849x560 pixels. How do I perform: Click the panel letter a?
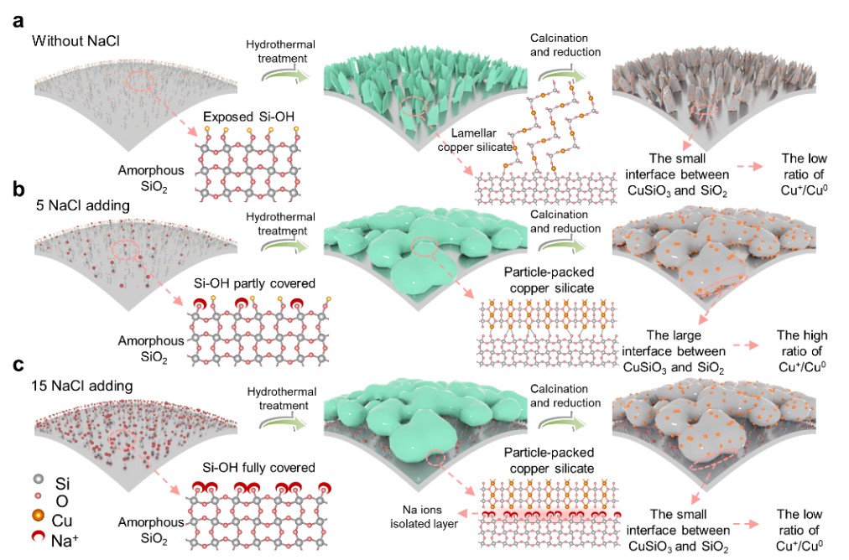coord(18,18)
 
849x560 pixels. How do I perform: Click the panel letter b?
coord(18,189)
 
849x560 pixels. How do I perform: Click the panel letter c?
coord(17,365)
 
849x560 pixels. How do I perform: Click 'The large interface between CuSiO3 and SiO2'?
coord(673,343)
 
